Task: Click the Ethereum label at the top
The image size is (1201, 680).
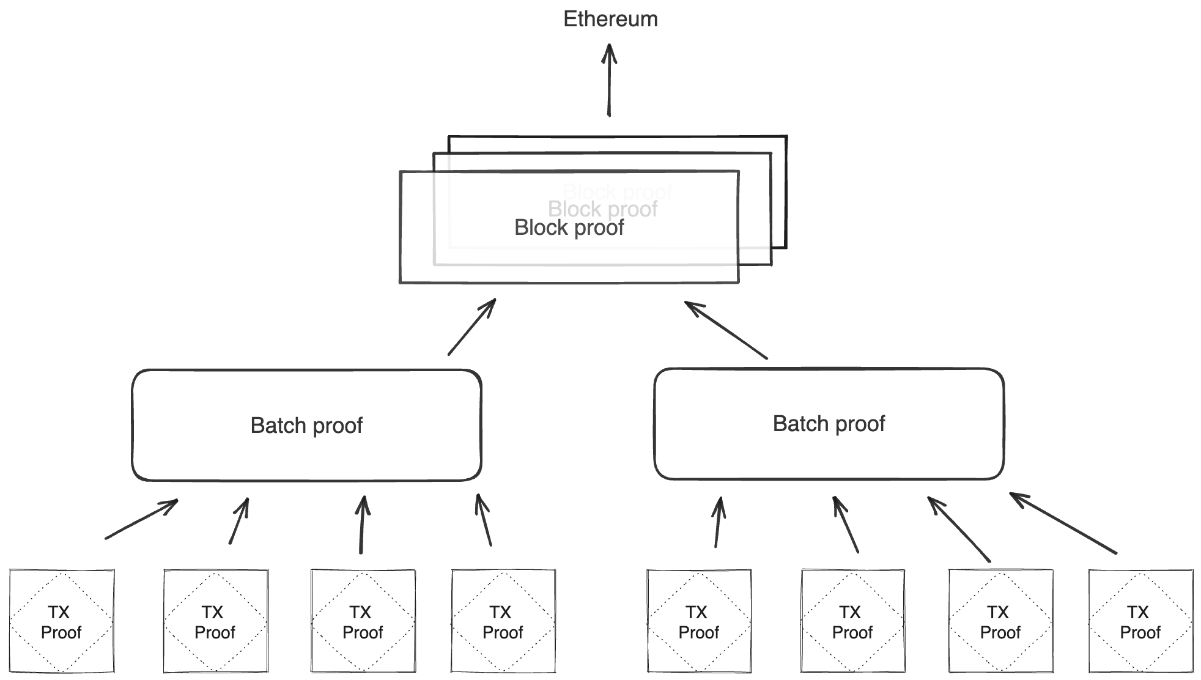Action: coord(610,19)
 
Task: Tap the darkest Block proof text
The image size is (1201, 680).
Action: coord(569,227)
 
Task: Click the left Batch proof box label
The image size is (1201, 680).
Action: coord(306,426)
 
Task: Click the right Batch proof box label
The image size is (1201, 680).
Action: coord(829,424)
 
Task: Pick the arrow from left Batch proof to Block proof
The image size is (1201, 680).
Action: coord(471,327)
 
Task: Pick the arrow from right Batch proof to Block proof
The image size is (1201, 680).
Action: coord(725,330)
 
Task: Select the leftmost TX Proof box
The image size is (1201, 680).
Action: coord(61,621)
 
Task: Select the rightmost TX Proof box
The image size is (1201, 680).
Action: coord(1140,621)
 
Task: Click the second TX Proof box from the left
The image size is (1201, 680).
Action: coord(215,621)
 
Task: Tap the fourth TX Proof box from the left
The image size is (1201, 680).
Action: coord(503,621)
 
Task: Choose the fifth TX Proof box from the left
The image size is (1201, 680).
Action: coord(699,621)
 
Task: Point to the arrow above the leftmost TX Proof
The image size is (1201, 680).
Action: coord(141,519)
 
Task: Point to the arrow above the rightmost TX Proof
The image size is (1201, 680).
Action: coord(1063,523)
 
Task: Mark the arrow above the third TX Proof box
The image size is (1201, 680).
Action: coord(363,525)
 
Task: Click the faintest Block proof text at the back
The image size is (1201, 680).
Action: coord(618,191)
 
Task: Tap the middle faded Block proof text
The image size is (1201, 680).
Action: coord(602,209)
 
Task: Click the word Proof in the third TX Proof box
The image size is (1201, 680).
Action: coord(363,632)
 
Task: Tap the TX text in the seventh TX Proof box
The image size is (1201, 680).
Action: coord(997,612)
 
